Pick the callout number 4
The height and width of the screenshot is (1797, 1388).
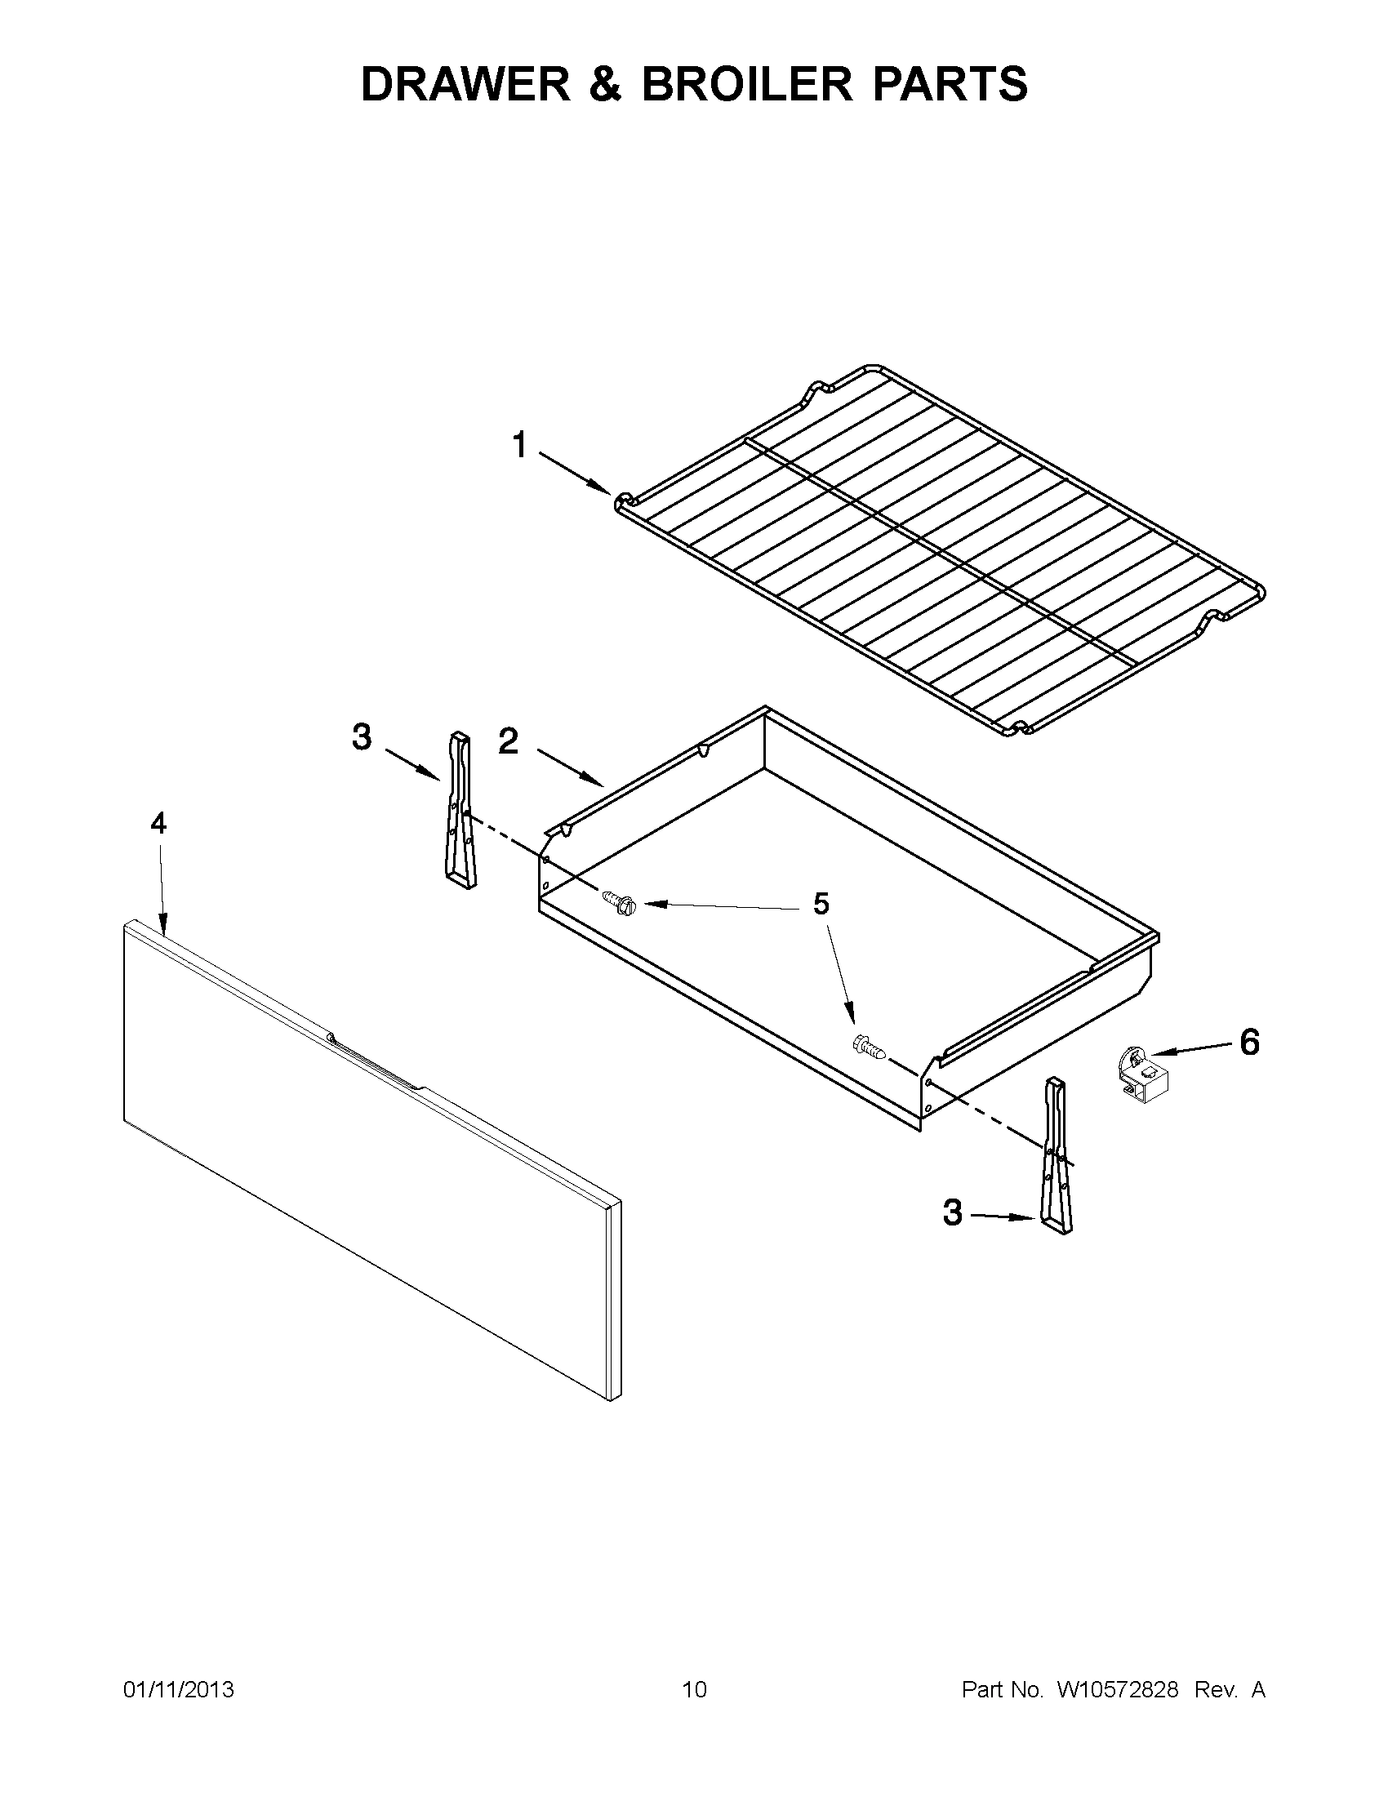click(x=158, y=822)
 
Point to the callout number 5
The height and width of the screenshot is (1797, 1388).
click(x=821, y=904)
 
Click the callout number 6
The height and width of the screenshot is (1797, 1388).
click(x=1249, y=1043)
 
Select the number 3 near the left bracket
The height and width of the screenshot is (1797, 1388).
click(x=361, y=736)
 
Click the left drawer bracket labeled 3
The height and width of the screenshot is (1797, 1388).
click(x=460, y=812)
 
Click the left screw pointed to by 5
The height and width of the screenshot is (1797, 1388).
click(x=621, y=901)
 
